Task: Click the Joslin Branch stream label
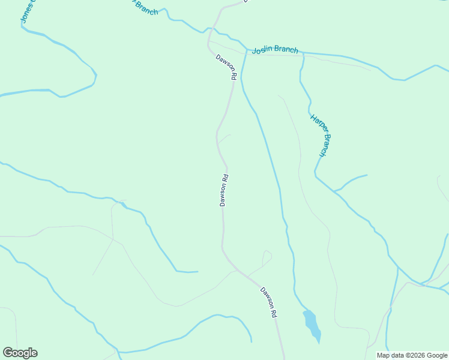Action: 275,50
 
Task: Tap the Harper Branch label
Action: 320,135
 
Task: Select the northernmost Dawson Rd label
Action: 227,67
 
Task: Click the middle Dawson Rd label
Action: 224,190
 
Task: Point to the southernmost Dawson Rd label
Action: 269,302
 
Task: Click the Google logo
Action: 20,353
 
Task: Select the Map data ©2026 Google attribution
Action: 412,355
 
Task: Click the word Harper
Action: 316,122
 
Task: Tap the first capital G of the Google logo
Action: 8,353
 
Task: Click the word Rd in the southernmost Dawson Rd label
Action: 274,313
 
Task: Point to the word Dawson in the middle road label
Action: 223,194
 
